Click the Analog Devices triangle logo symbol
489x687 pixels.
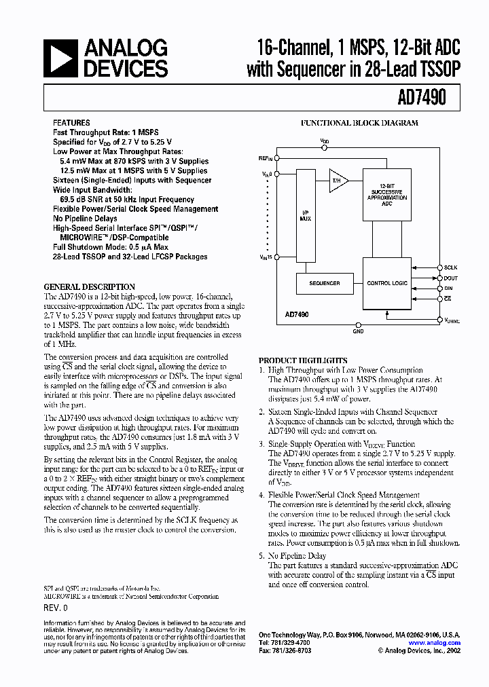(59, 58)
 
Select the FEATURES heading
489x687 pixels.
(71, 123)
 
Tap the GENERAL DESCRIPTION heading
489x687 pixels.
(90, 286)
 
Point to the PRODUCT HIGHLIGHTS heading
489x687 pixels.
(303, 360)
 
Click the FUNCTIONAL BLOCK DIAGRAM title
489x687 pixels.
(359, 123)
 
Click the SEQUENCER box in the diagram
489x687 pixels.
(324, 282)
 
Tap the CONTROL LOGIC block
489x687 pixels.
(386, 282)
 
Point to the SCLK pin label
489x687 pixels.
(451, 268)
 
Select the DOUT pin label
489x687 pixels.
(451, 278)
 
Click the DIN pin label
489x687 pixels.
(448, 289)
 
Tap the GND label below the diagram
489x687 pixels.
(358, 332)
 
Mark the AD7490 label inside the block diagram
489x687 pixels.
(297, 315)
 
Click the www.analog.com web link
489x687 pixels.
(434, 643)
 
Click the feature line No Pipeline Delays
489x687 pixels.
(86, 219)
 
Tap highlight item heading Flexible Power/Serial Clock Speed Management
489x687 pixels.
(344, 495)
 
